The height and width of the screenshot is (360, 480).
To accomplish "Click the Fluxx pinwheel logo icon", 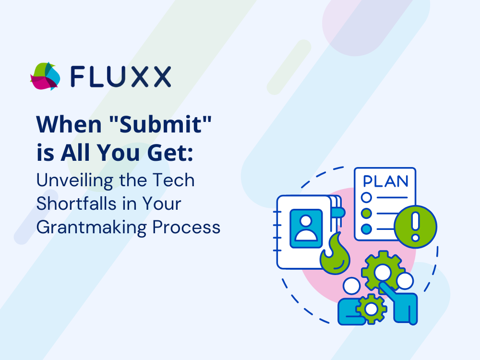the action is [45, 76].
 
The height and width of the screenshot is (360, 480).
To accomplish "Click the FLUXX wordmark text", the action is [120, 76].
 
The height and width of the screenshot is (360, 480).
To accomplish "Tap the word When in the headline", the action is [69, 125].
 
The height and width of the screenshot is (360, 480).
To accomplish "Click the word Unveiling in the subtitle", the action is [75, 181].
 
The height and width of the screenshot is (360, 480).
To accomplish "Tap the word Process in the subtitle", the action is [186, 228].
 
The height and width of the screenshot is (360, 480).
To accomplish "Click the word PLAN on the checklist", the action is [385, 181].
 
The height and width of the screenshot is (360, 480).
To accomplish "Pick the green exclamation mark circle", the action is [415, 227].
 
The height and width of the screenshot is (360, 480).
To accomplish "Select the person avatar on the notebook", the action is [306, 228].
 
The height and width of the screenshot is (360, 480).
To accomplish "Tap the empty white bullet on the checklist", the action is [366, 197].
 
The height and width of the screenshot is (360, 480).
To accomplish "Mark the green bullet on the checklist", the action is [366, 213].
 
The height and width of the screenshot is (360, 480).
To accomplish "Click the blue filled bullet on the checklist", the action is [366, 228].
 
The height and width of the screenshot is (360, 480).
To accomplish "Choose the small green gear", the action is [371, 309].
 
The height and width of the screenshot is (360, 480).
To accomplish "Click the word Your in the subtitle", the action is [162, 204].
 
